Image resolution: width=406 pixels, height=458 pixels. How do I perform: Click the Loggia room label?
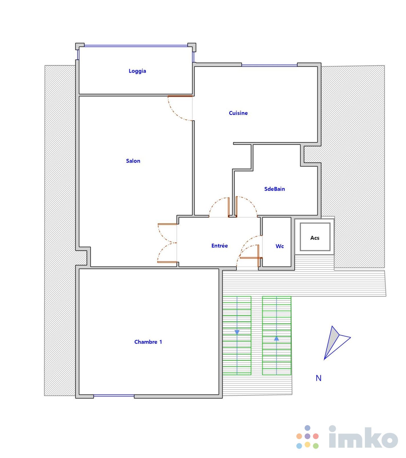click(x=137, y=71)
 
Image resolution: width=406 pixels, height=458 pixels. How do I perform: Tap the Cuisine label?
click(x=238, y=113)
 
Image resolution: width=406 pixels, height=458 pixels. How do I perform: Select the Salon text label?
click(x=133, y=161)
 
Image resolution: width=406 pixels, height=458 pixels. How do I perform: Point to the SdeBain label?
click(x=274, y=189)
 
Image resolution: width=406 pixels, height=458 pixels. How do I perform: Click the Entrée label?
click(x=220, y=246)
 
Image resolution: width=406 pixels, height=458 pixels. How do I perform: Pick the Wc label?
click(x=280, y=246)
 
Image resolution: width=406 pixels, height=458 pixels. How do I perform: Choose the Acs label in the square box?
click(x=315, y=238)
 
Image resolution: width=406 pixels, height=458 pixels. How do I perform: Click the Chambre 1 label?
click(x=148, y=342)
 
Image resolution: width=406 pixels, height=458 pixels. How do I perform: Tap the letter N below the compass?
click(x=319, y=378)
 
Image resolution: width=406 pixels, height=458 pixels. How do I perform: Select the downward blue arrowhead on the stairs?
click(x=237, y=332)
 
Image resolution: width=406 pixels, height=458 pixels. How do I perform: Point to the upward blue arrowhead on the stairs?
click(x=276, y=338)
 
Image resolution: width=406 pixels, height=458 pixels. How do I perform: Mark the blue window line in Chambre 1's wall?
click(x=114, y=396)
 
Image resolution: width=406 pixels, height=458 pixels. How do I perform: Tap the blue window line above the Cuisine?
click(x=269, y=65)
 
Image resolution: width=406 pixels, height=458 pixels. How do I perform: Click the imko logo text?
click(x=363, y=437)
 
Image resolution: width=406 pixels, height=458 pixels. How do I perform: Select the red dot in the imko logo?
click(x=316, y=436)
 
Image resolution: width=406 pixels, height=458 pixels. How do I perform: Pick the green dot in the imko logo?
click(x=316, y=446)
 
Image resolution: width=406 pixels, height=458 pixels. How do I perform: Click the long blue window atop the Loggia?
click(x=136, y=45)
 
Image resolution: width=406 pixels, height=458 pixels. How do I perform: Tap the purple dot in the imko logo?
click(x=307, y=436)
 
